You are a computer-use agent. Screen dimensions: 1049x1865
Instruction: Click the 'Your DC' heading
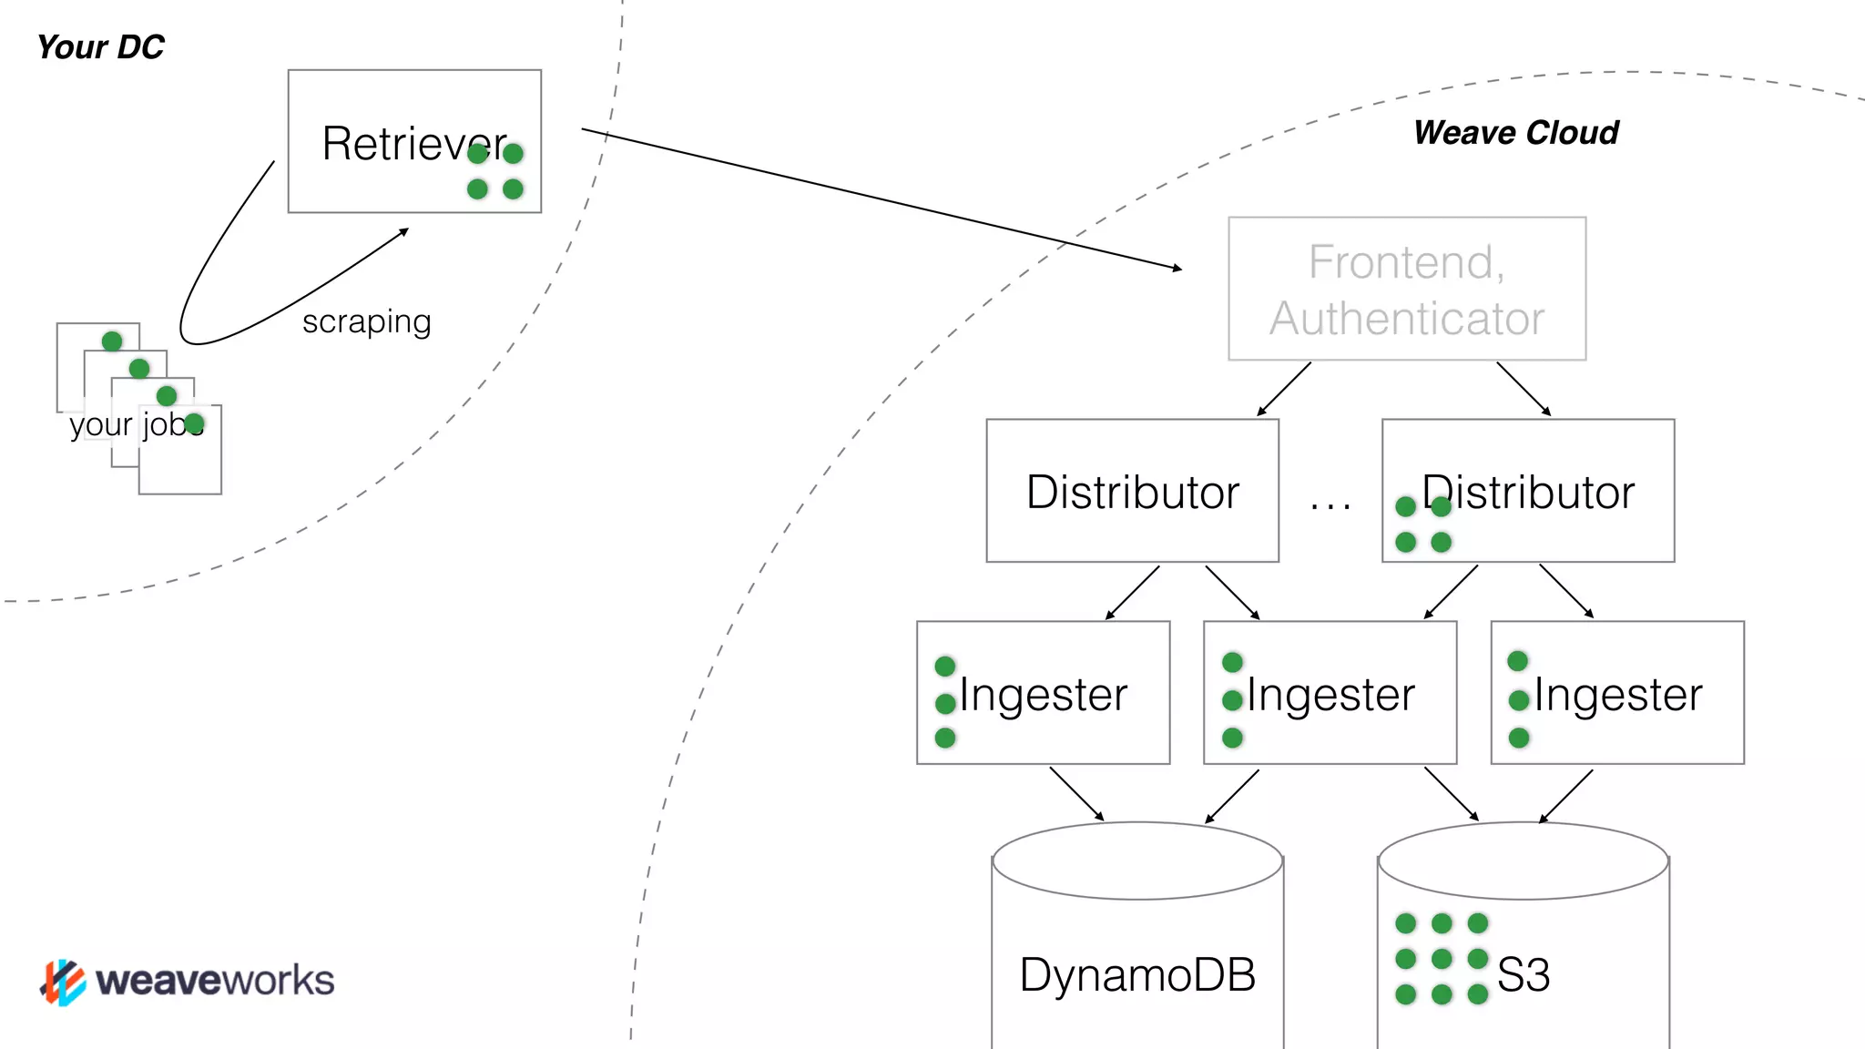100,47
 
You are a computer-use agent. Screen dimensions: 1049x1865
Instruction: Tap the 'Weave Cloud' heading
1516,133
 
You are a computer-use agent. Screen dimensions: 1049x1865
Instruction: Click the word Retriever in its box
401,144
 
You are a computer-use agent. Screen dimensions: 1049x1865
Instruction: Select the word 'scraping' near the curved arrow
366,321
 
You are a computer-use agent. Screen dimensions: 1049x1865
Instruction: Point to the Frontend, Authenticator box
1407,289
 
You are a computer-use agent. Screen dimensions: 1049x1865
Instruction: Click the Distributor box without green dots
1132,492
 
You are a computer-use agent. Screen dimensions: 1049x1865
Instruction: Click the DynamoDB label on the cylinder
1137,975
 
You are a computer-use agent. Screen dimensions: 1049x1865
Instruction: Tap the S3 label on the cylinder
1524,975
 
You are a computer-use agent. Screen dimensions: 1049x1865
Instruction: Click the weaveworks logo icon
62,982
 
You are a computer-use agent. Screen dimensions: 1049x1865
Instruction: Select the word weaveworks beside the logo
215,981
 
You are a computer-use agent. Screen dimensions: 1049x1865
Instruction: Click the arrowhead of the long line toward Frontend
1177,268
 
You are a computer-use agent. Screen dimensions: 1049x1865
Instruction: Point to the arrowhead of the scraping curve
404,231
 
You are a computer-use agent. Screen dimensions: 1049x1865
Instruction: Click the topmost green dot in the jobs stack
112,341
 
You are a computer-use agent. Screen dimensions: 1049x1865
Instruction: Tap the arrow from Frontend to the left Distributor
1284,389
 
